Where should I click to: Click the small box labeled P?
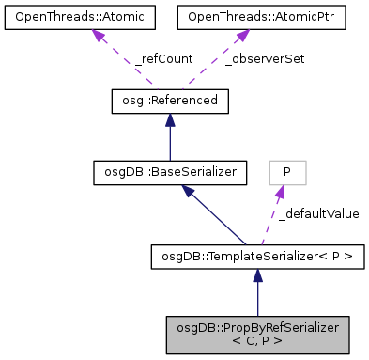(287, 172)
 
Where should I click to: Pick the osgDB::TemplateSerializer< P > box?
(257, 255)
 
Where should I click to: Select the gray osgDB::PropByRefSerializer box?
(257, 334)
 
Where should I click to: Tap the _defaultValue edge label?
(318, 213)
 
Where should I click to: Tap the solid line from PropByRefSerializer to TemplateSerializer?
(257, 296)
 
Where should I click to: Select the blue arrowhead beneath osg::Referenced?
(169, 119)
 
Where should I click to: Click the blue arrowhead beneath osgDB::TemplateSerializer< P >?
(257, 274)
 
